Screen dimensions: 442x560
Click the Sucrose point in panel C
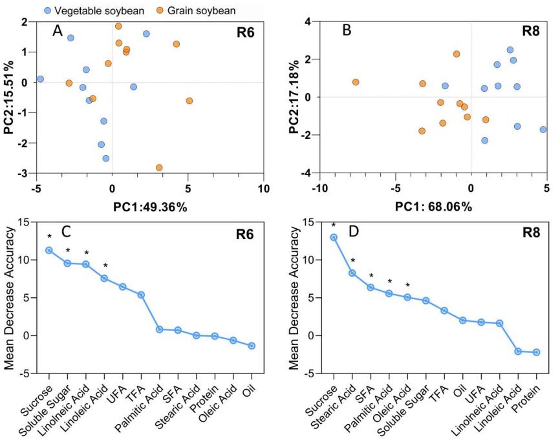(49, 250)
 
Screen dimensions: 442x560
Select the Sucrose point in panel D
(334, 237)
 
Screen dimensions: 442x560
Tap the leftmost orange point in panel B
(356, 82)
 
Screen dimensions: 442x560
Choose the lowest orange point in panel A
(159, 167)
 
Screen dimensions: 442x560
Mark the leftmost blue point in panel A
(40, 79)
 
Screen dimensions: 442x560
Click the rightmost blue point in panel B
(543, 129)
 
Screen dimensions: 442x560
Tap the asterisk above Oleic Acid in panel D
(407, 285)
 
